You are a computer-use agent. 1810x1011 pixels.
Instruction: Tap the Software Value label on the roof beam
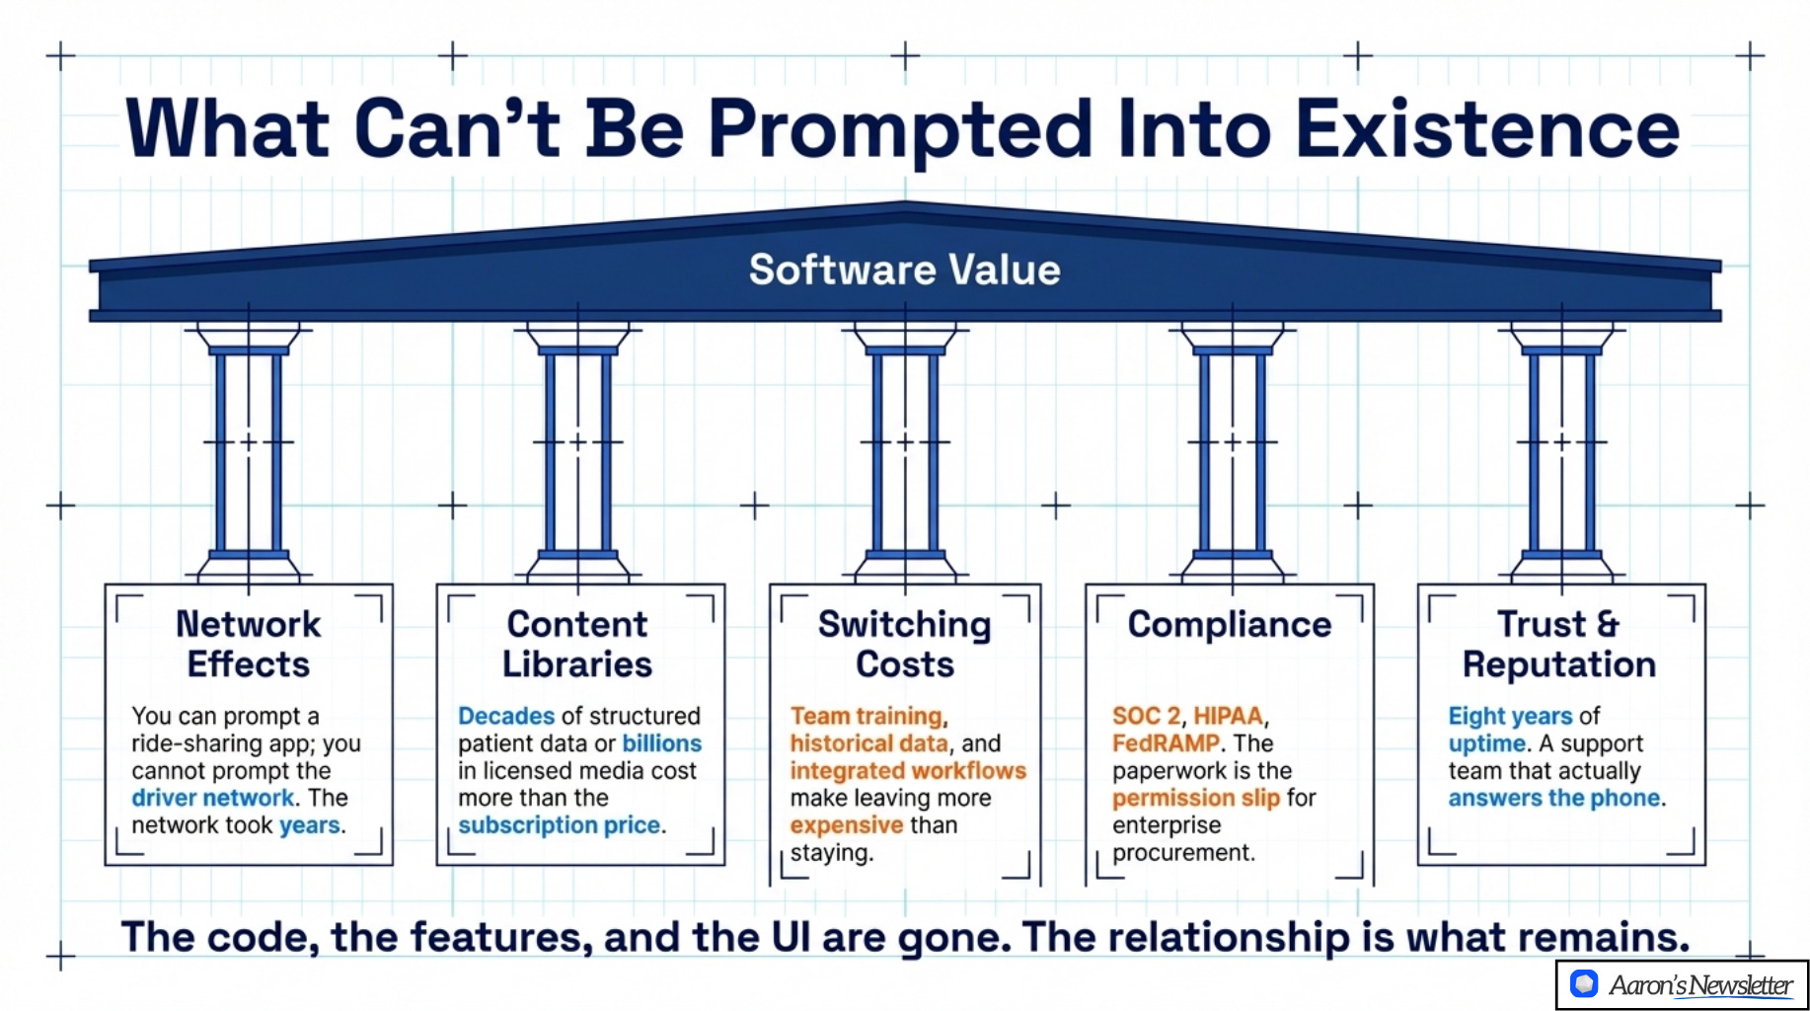point(904,270)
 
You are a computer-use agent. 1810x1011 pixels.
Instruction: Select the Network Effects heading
point(249,644)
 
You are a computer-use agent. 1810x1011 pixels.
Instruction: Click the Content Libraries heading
point(577,644)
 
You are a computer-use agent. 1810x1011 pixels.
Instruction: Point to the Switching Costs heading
point(905,644)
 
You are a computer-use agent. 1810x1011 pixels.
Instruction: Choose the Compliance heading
point(1230,624)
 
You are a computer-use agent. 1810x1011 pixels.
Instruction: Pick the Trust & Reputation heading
point(1559,644)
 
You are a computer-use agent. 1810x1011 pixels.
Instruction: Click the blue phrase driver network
point(213,798)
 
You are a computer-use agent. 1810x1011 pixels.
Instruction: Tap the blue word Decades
point(506,716)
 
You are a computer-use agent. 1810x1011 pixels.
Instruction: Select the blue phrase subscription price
point(560,825)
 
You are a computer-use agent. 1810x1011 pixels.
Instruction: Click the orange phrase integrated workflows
point(908,771)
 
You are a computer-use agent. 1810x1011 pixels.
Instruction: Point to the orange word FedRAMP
point(1166,743)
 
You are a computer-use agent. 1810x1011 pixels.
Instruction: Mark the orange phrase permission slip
point(1196,798)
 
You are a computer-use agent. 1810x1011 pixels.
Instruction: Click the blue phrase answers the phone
point(1554,798)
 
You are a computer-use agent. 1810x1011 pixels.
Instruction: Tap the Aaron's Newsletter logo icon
point(1584,984)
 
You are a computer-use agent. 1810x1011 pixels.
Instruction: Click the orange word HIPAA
point(1228,716)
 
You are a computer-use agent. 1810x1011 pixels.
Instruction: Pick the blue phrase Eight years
point(1510,716)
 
